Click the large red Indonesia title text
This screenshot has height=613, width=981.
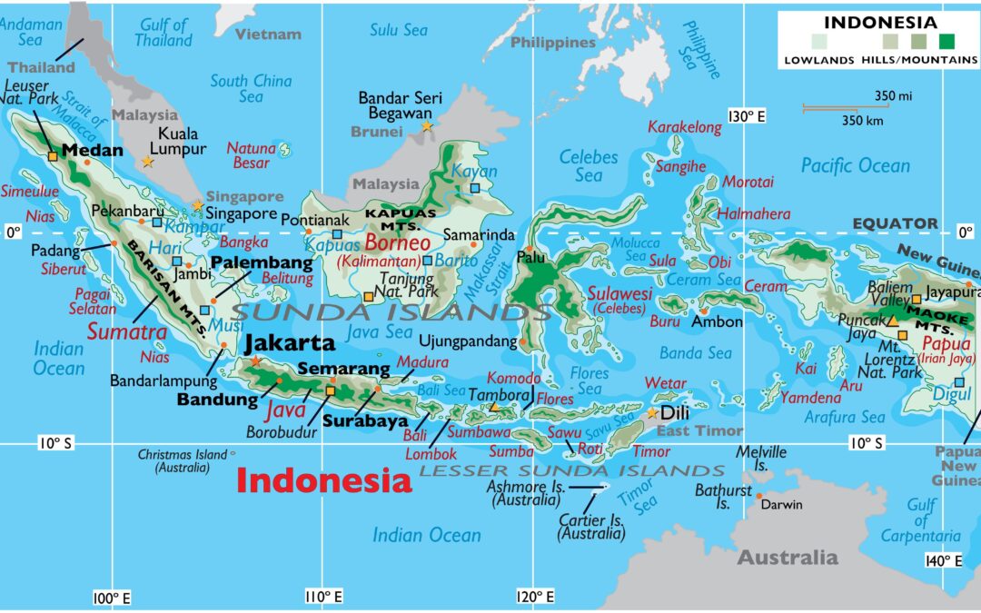pyautogui.click(x=324, y=480)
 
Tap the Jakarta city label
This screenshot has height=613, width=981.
pyautogui.click(x=289, y=344)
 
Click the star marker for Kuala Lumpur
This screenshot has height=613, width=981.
pyautogui.click(x=147, y=162)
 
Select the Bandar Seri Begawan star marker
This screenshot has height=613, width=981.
pyautogui.click(x=426, y=126)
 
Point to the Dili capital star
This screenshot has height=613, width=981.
pyautogui.click(x=652, y=413)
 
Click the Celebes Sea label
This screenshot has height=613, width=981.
pyautogui.click(x=588, y=164)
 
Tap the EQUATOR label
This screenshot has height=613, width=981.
pyautogui.click(x=895, y=223)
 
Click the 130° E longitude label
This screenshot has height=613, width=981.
pyautogui.click(x=747, y=116)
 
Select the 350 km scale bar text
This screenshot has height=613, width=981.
pyautogui.click(x=863, y=120)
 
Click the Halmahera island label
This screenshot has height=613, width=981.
pyautogui.click(x=754, y=214)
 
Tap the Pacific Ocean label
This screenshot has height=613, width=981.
pyautogui.click(x=855, y=165)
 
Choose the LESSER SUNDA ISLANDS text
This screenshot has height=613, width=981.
pyautogui.click(x=572, y=470)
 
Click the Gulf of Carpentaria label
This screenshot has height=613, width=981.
pyautogui.click(x=920, y=520)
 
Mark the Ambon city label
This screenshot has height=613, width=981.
pyautogui.click(x=717, y=321)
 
